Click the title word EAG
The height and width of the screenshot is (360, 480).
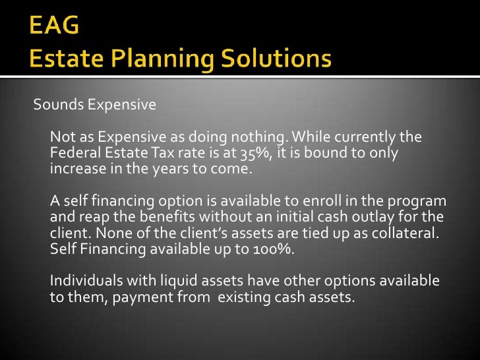click(55, 26)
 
